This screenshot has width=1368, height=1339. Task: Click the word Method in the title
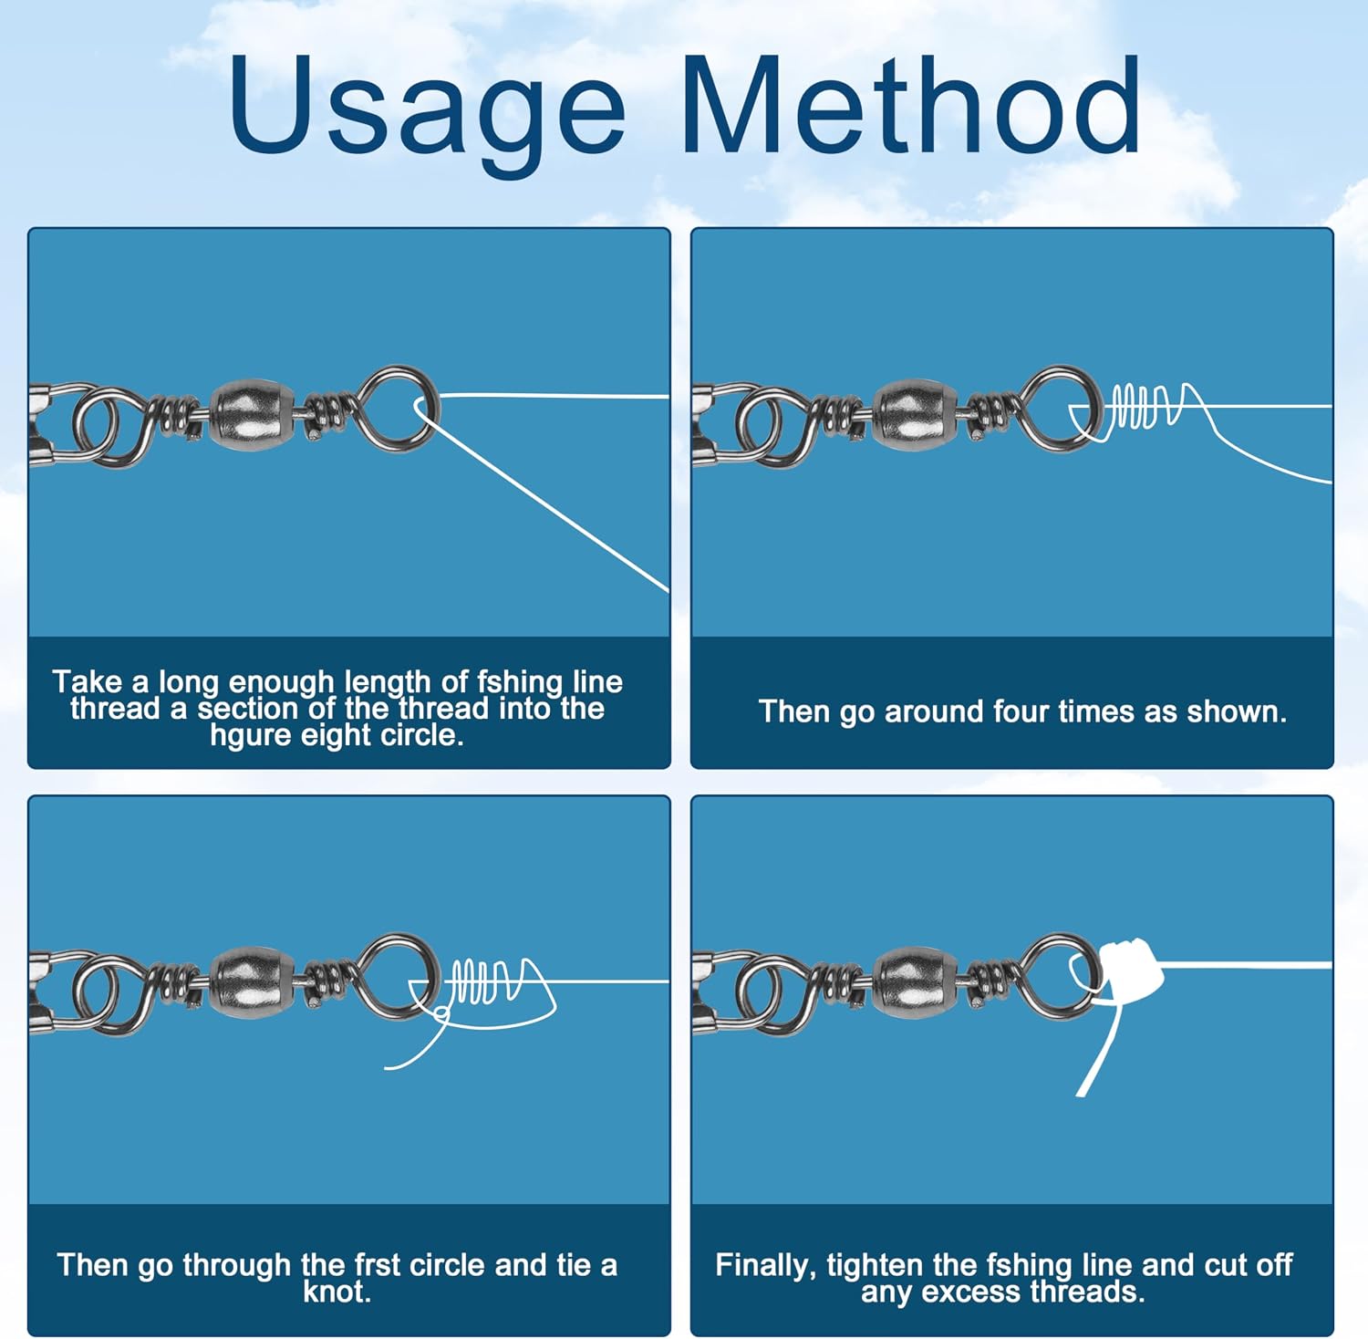point(910,105)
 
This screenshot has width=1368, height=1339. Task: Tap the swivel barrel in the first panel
point(253,415)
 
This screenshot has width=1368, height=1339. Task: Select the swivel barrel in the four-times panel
point(916,415)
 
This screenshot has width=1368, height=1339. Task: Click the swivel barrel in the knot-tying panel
point(253,982)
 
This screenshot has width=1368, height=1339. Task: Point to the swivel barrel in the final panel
point(916,982)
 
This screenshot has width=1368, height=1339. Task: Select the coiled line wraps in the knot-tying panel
point(483,981)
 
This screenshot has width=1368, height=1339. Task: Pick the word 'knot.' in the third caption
point(337,1292)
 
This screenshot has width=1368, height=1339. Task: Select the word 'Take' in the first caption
point(88,681)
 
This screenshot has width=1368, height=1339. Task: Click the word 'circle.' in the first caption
point(421,735)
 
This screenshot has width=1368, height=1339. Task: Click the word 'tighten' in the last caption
point(875,1266)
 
